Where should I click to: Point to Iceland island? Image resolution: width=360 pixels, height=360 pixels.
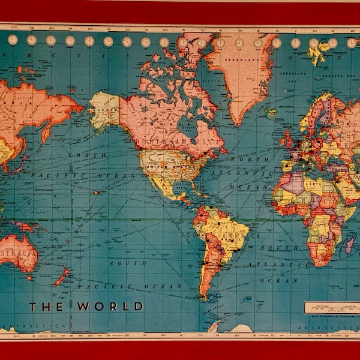[x=271, y=112]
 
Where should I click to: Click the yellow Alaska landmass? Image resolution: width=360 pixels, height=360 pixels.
[x=105, y=110]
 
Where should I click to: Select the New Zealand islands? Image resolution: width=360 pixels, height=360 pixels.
[x=62, y=277]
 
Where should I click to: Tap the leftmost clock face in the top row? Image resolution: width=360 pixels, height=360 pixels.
[x=13, y=40]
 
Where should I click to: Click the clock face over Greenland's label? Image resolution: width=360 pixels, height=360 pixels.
[x=239, y=43]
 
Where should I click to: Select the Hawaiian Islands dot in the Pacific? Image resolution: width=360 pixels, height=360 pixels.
[x=97, y=193]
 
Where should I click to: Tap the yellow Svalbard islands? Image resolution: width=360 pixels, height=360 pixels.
[x=316, y=55]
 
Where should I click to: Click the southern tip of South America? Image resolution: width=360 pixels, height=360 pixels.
[x=206, y=297]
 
